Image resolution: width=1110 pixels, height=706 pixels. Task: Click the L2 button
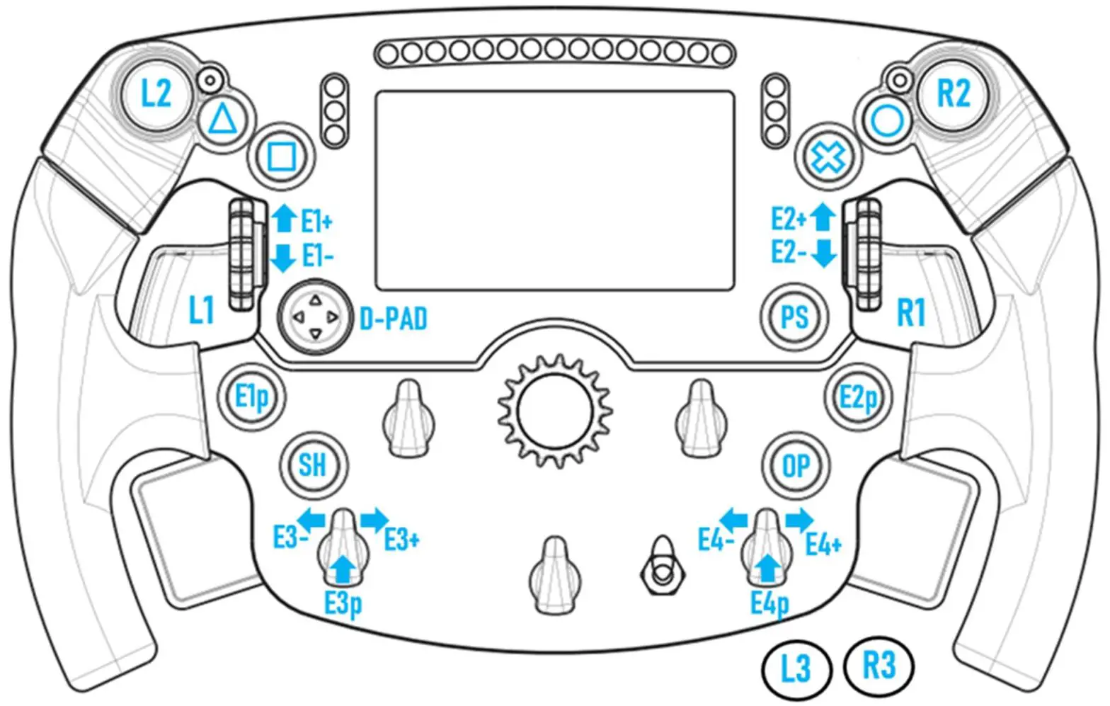[156, 93]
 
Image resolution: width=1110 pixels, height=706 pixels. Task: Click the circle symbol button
[886, 121]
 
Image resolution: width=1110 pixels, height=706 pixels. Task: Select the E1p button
[251, 397]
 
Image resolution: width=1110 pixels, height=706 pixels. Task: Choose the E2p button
[857, 397]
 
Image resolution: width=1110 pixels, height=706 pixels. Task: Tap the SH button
[312, 465]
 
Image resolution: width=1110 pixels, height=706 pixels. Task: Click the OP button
[796, 465]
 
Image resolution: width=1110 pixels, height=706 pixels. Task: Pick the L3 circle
[796, 668]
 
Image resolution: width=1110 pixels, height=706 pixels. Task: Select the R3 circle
[880, 666]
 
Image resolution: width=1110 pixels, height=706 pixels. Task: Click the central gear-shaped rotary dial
[554, 410]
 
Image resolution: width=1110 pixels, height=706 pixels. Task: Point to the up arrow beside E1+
[284, 218]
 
